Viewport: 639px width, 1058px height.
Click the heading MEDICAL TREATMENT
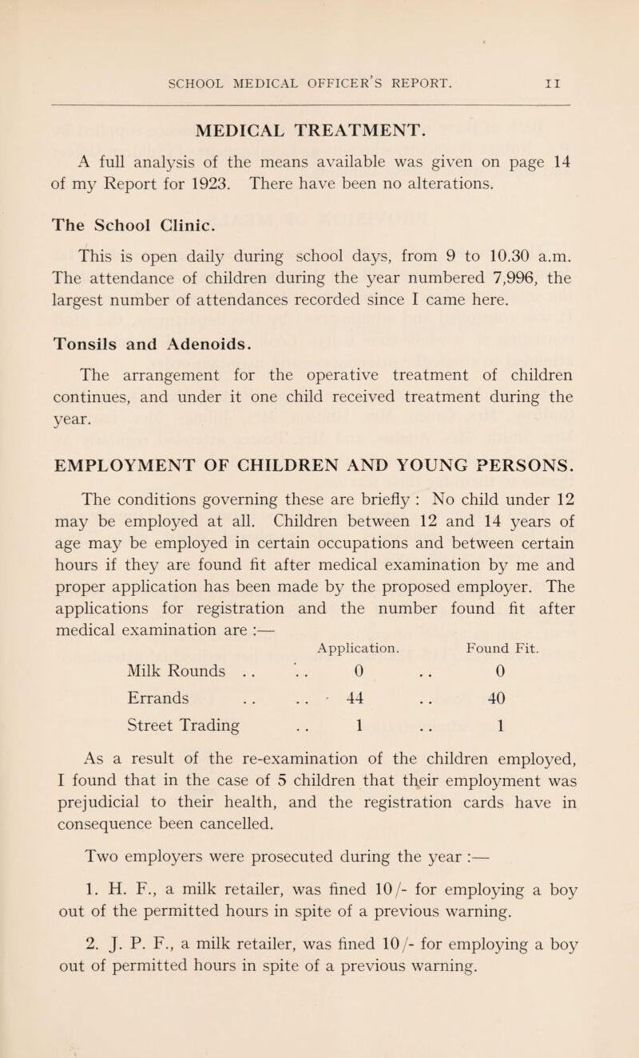click(319, 128)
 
